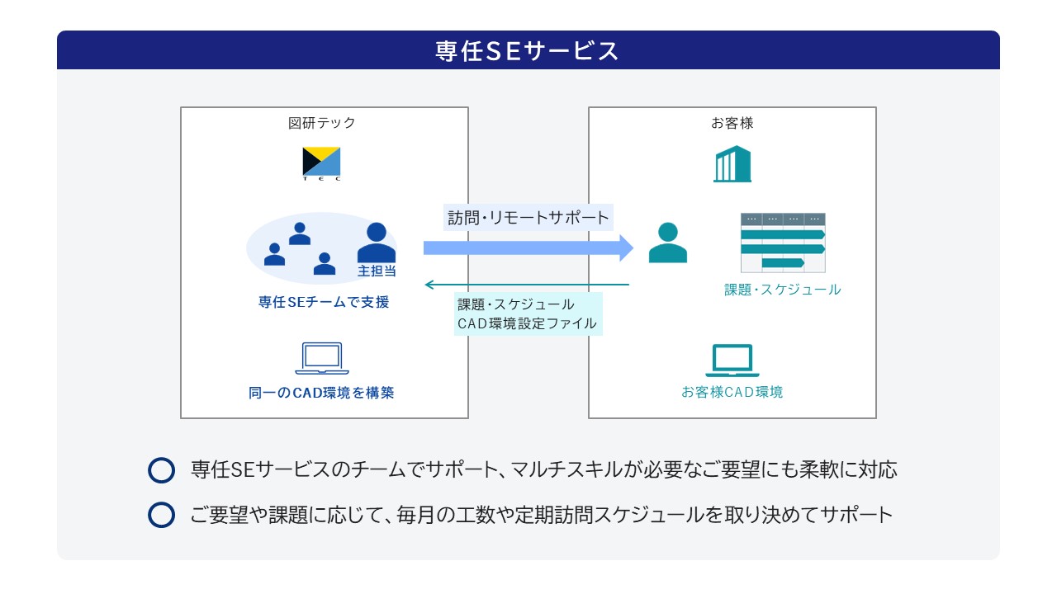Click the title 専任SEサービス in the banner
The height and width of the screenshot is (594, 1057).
click(x=526, y=51)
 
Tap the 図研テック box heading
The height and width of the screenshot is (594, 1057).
click(x=321, y=123)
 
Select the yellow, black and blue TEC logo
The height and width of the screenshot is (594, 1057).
click(x=321, y=163)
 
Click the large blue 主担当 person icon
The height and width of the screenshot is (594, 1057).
click(x=376, y=243)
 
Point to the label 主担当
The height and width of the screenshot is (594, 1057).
click(x=377, y=271)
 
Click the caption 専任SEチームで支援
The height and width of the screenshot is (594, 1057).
click(x=323, y=302)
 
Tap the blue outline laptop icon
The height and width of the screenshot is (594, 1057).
click(x=322, y=358)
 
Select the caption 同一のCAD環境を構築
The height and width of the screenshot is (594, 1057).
click(x=321, y=393)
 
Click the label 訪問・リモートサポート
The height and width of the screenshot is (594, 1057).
click(x=528, y=218)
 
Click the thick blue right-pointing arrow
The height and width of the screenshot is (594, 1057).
click(x=528, y=248)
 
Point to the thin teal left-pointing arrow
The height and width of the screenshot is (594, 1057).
click(x=527, y=285)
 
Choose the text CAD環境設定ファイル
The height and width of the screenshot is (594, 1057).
click(x=527, y=323)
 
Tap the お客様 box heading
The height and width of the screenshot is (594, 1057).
click(x=732, y=123)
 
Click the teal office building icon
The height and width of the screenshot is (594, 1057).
click(x=732, y=163)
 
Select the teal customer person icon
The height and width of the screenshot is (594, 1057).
click(x=668, y=243)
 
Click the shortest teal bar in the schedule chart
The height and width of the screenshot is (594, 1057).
click(x=783, y=262)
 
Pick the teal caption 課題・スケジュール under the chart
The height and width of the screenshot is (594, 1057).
click(x=782, y=290)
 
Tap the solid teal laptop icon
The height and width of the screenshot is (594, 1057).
click(x=732, y=361)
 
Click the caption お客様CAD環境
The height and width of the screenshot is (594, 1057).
click(x=732, y=392)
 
